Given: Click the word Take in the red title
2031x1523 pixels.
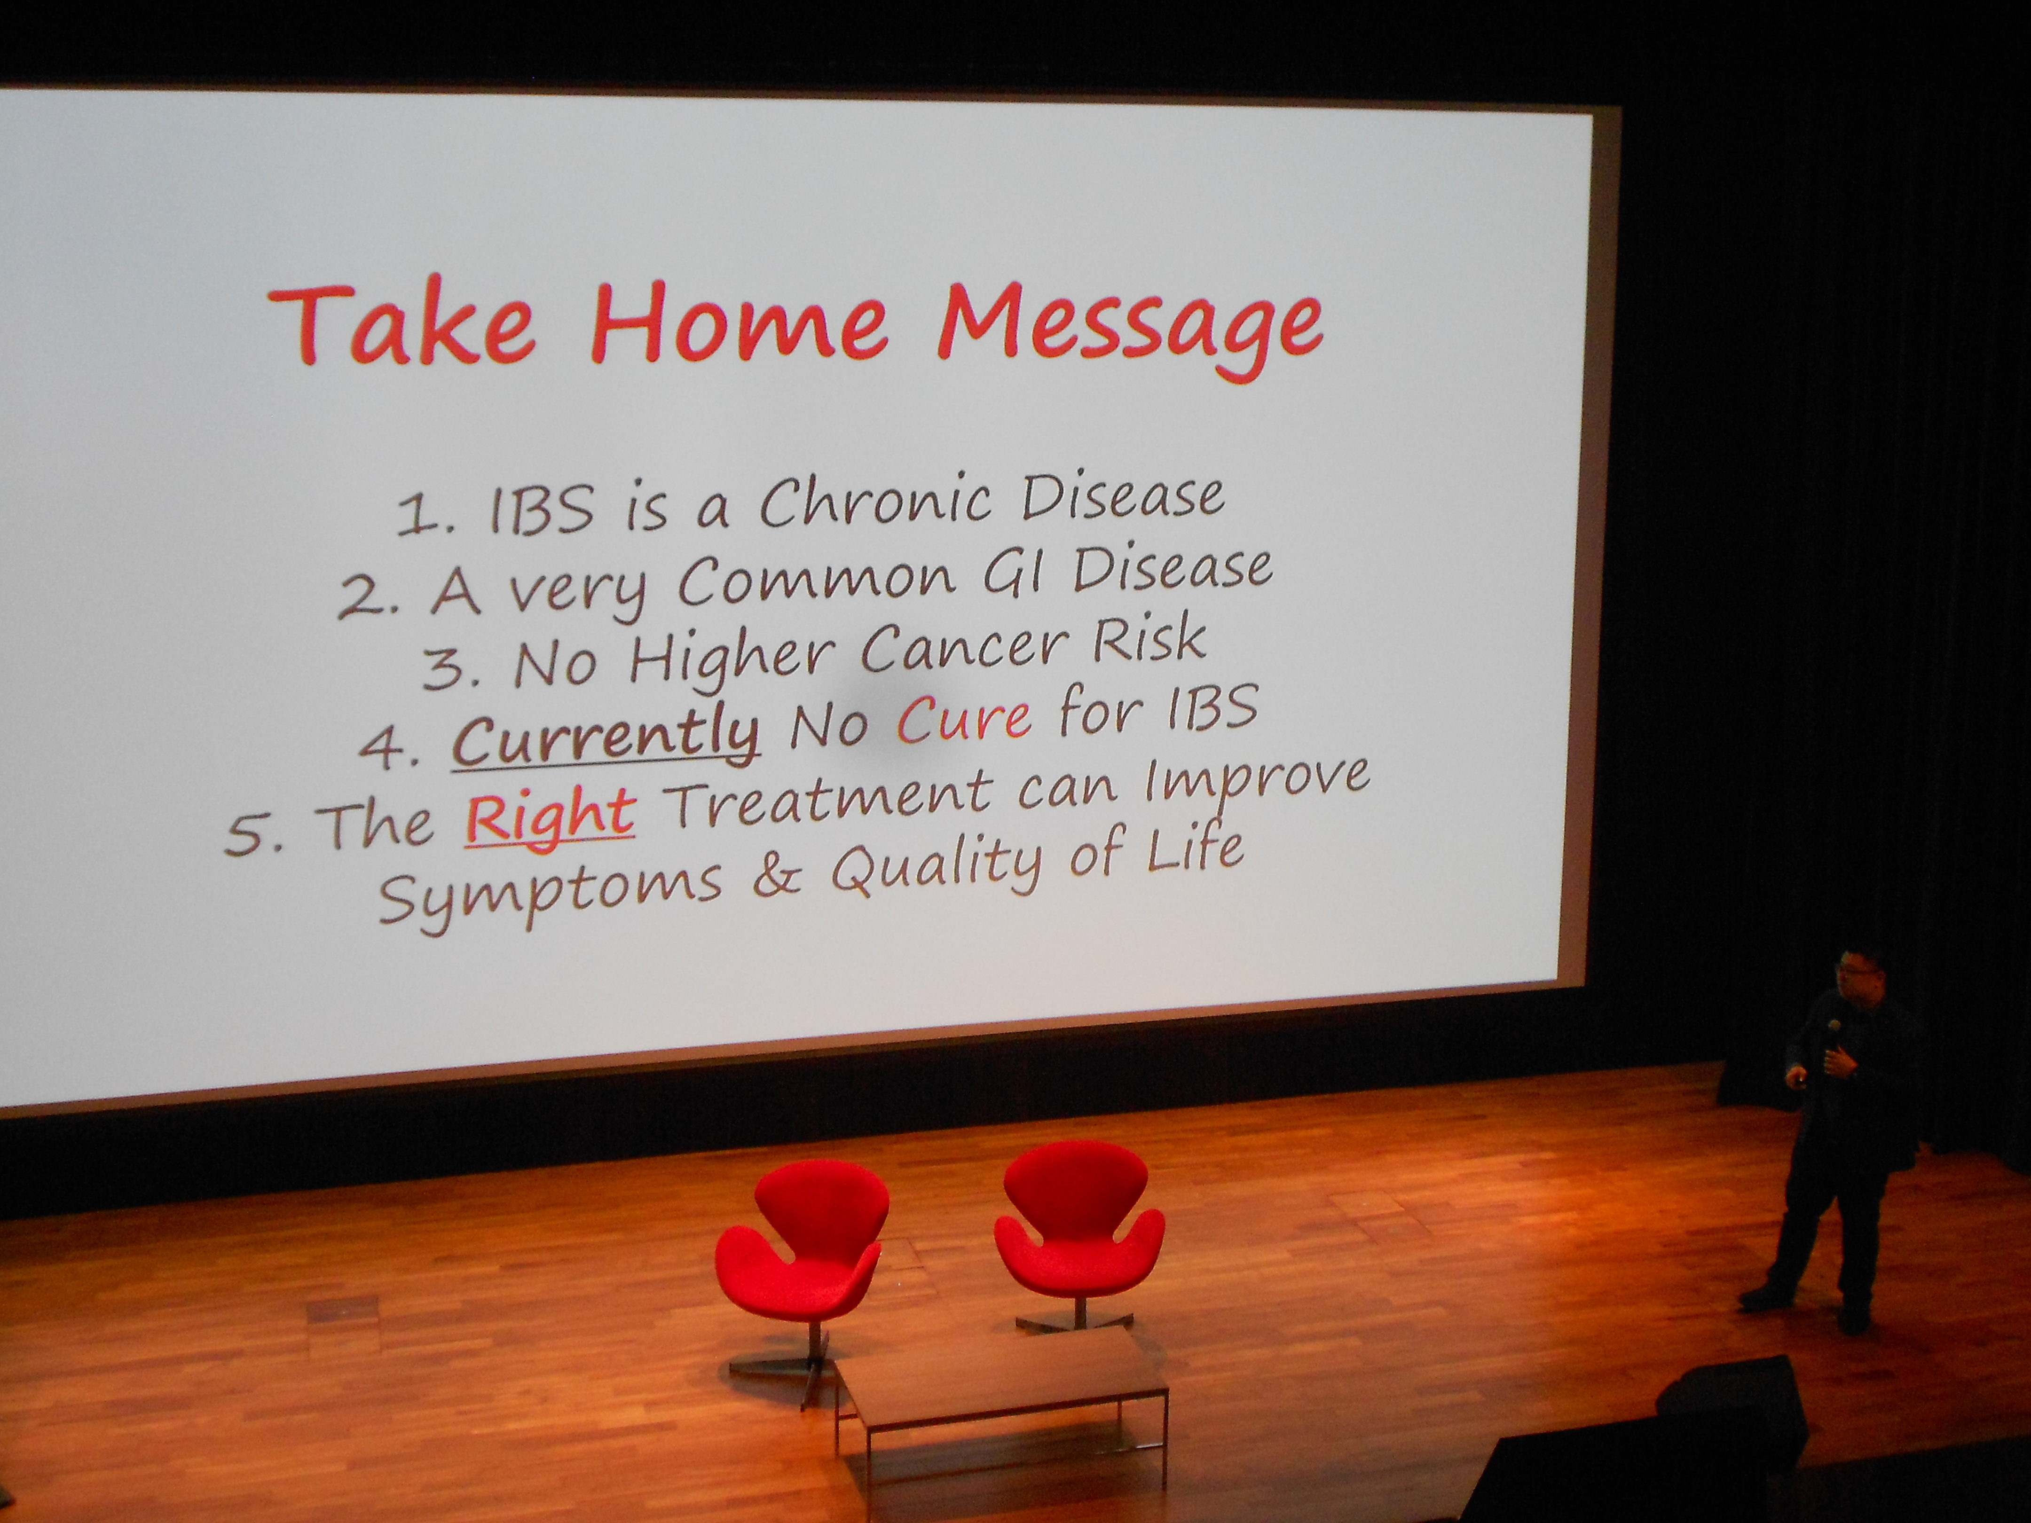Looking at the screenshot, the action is pyautogui.click(x=401, y=326).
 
